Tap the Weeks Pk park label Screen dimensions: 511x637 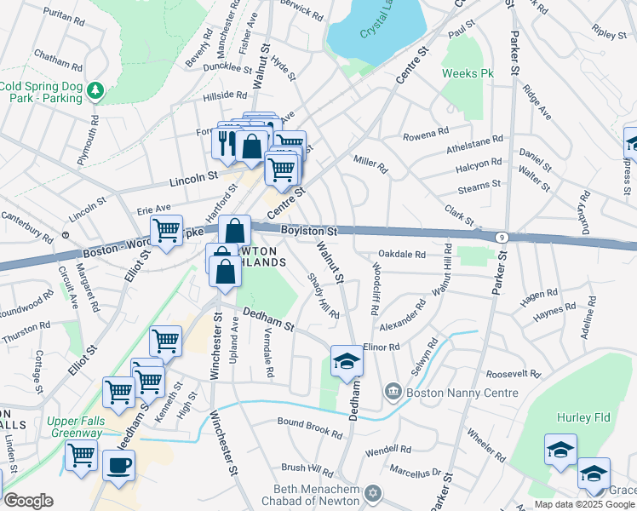pos(468,74)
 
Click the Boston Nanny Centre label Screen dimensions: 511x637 pos(462,393)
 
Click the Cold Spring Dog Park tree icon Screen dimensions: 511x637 pos(96,89)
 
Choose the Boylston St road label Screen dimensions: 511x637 pos(310,231)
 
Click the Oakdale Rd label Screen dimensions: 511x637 pos(401,254)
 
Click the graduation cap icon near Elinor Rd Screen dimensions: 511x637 pos(347,363)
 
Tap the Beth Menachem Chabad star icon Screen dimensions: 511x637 pos(371,494)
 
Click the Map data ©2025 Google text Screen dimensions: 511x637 pos(584,504)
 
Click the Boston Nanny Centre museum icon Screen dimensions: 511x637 pos(393,393)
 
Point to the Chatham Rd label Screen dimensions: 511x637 pos(58,55)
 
